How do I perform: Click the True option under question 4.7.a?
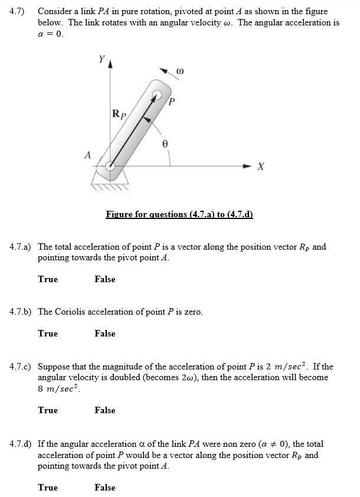(x=48, y=279)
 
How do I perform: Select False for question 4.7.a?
(x=104, y=279)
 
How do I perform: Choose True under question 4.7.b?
(x=48, y=333)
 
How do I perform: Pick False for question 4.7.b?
(x=104, y=333)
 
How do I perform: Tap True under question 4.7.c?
(x=48, y=410)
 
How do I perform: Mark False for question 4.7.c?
(x=104, y=410)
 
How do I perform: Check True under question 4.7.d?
(x=48, y=488)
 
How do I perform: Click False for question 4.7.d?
(x=104, y=488)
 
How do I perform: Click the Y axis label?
(x=102, y=59)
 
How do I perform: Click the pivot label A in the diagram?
(x=88, y=155)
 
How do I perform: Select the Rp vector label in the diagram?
(x=118, y=113)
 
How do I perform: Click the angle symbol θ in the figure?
(x=165, y=143)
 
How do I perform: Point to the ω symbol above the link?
(x=180, y=71)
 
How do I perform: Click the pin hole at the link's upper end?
(x=158, y=94)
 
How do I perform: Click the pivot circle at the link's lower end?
(x=110, y=166)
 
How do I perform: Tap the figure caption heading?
(x=179, y=214)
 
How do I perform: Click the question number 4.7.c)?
(x=22, y=367)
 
